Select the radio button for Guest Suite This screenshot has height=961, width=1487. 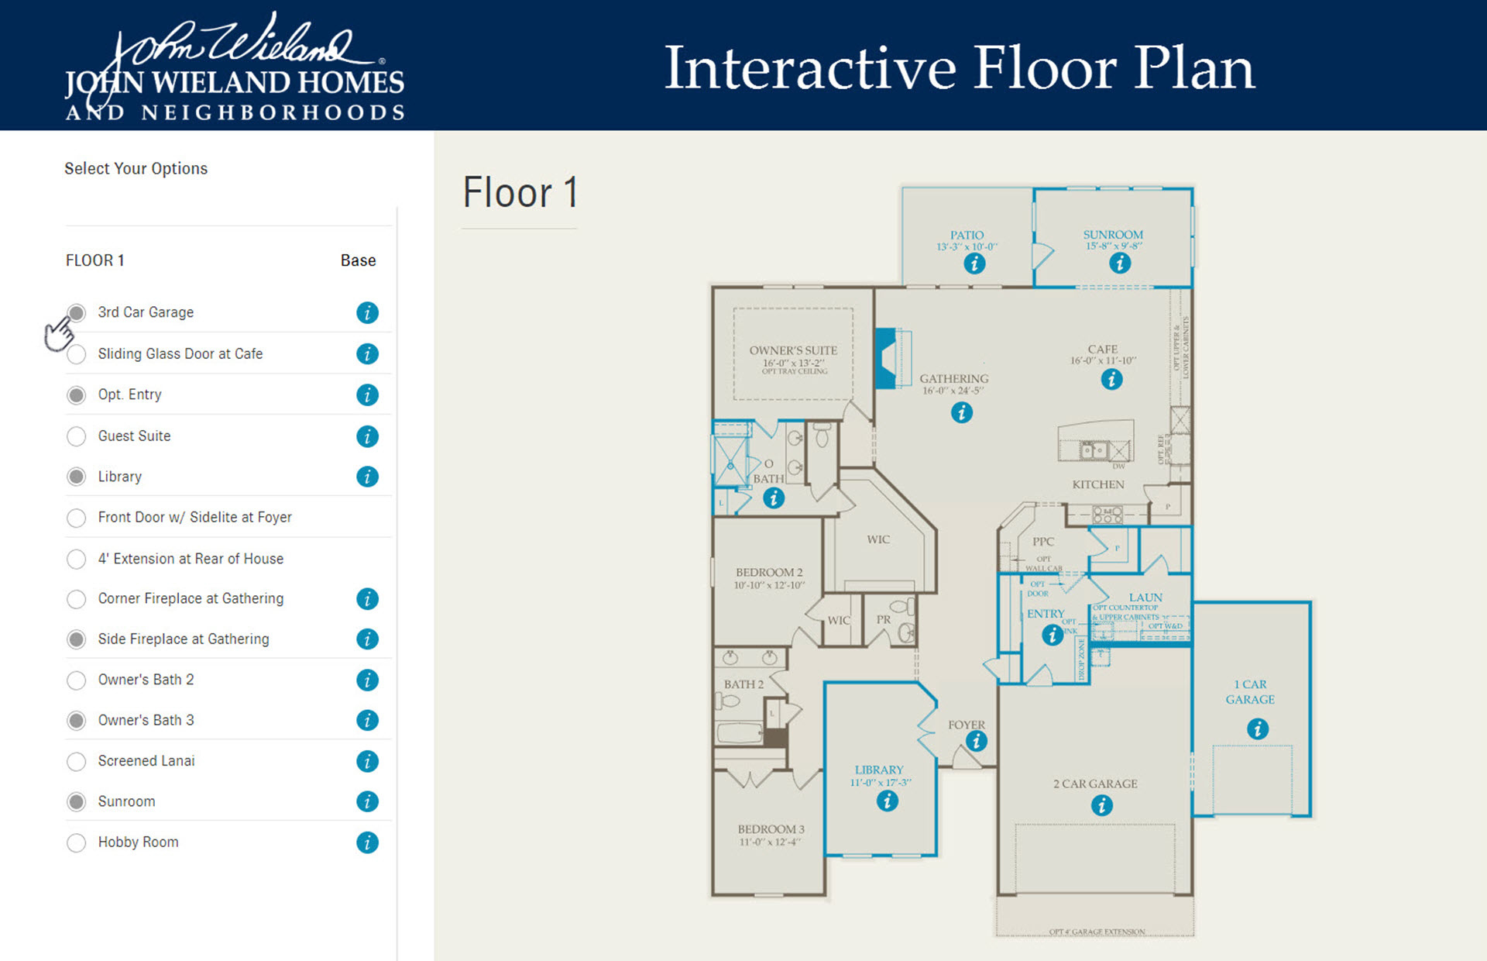coord(76,436)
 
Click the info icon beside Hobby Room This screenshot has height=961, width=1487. coord(367,842)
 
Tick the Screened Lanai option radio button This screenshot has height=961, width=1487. coord(76,762)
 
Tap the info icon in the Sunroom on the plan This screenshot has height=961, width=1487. coord(1119,263)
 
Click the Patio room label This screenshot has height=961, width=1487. coord(967,235)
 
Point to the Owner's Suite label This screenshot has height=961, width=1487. coord(793,350)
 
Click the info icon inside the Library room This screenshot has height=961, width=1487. coord(887,801)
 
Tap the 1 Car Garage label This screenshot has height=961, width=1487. coord(1250,691)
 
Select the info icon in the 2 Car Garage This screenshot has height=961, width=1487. coord(1101,806)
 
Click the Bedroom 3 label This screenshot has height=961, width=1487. coord(771,829)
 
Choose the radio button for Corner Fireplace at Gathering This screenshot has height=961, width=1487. coord(76,599)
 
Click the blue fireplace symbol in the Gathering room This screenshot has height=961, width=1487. coord(886,358)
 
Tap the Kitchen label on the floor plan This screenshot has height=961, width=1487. coord(1097,484)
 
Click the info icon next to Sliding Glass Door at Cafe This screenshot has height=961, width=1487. coord(367,354)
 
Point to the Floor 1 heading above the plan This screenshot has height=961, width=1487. coord(520,192)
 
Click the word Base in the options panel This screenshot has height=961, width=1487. coord(358,260)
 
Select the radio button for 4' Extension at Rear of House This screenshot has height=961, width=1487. coord(76,559)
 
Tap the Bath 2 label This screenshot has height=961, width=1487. coord(743,684)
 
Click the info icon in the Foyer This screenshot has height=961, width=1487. coord(976,742)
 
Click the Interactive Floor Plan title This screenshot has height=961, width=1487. coord(959,68)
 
